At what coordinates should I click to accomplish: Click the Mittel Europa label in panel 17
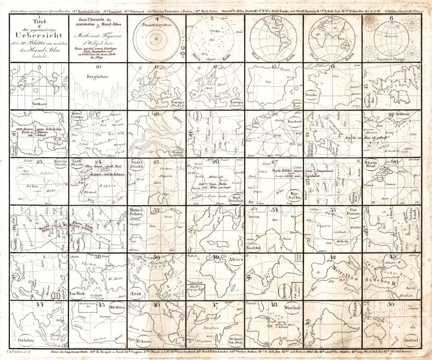tap(80, 118)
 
